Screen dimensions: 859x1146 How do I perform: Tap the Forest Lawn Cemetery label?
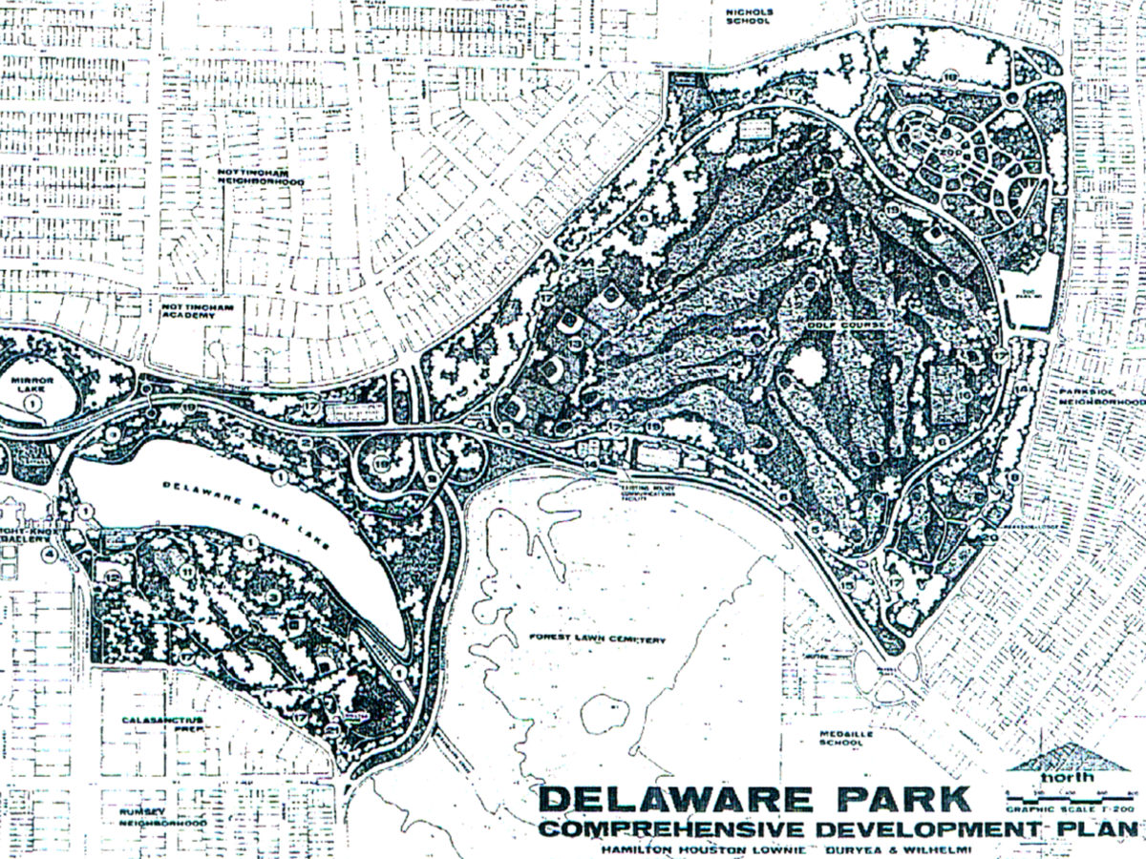[596, 639]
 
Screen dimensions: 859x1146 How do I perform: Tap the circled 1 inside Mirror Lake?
[33, 405]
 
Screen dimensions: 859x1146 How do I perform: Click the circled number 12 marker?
[112, 577]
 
